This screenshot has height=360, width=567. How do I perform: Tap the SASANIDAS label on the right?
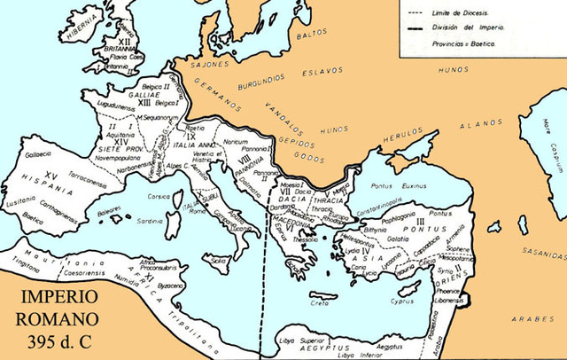click(541, 252)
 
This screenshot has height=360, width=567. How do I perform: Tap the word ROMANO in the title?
click(57, 315)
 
